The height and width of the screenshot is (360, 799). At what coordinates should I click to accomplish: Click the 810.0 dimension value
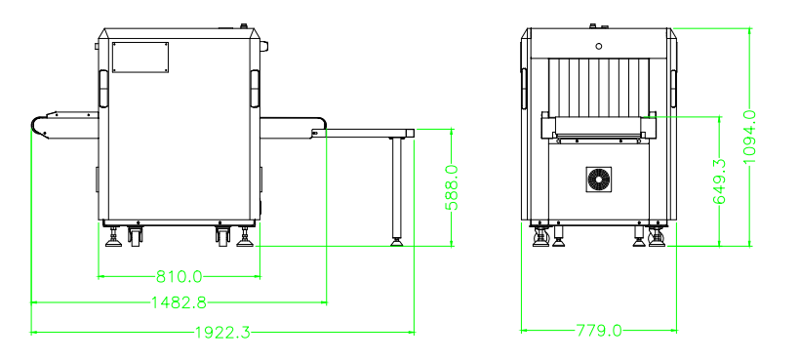(179, 277)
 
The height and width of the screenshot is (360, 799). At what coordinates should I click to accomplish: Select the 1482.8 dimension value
(179, 302)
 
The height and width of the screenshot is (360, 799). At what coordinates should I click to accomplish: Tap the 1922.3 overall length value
(223, 333)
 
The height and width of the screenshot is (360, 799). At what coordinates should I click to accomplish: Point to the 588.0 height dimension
(452, 187)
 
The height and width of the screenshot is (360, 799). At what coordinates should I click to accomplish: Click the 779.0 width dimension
(599, 331)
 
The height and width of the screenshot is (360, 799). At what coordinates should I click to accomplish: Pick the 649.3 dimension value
(719, 181)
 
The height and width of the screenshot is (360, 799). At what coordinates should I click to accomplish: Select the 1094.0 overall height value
(749, 137)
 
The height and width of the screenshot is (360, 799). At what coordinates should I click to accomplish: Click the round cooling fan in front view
(599, 180)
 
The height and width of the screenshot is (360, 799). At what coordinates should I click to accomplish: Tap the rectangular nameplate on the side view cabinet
(140, 58)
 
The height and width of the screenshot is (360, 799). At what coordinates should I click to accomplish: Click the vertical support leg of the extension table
(396, 186)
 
